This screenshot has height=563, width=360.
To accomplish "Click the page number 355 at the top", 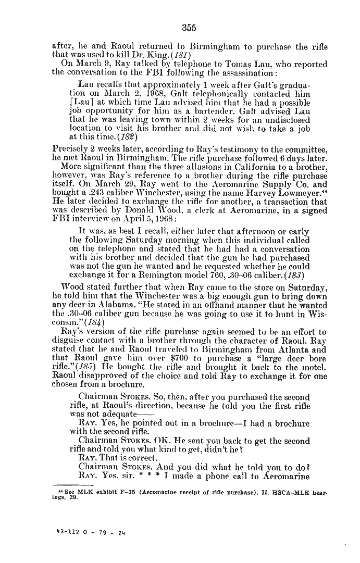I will click(189, 28).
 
